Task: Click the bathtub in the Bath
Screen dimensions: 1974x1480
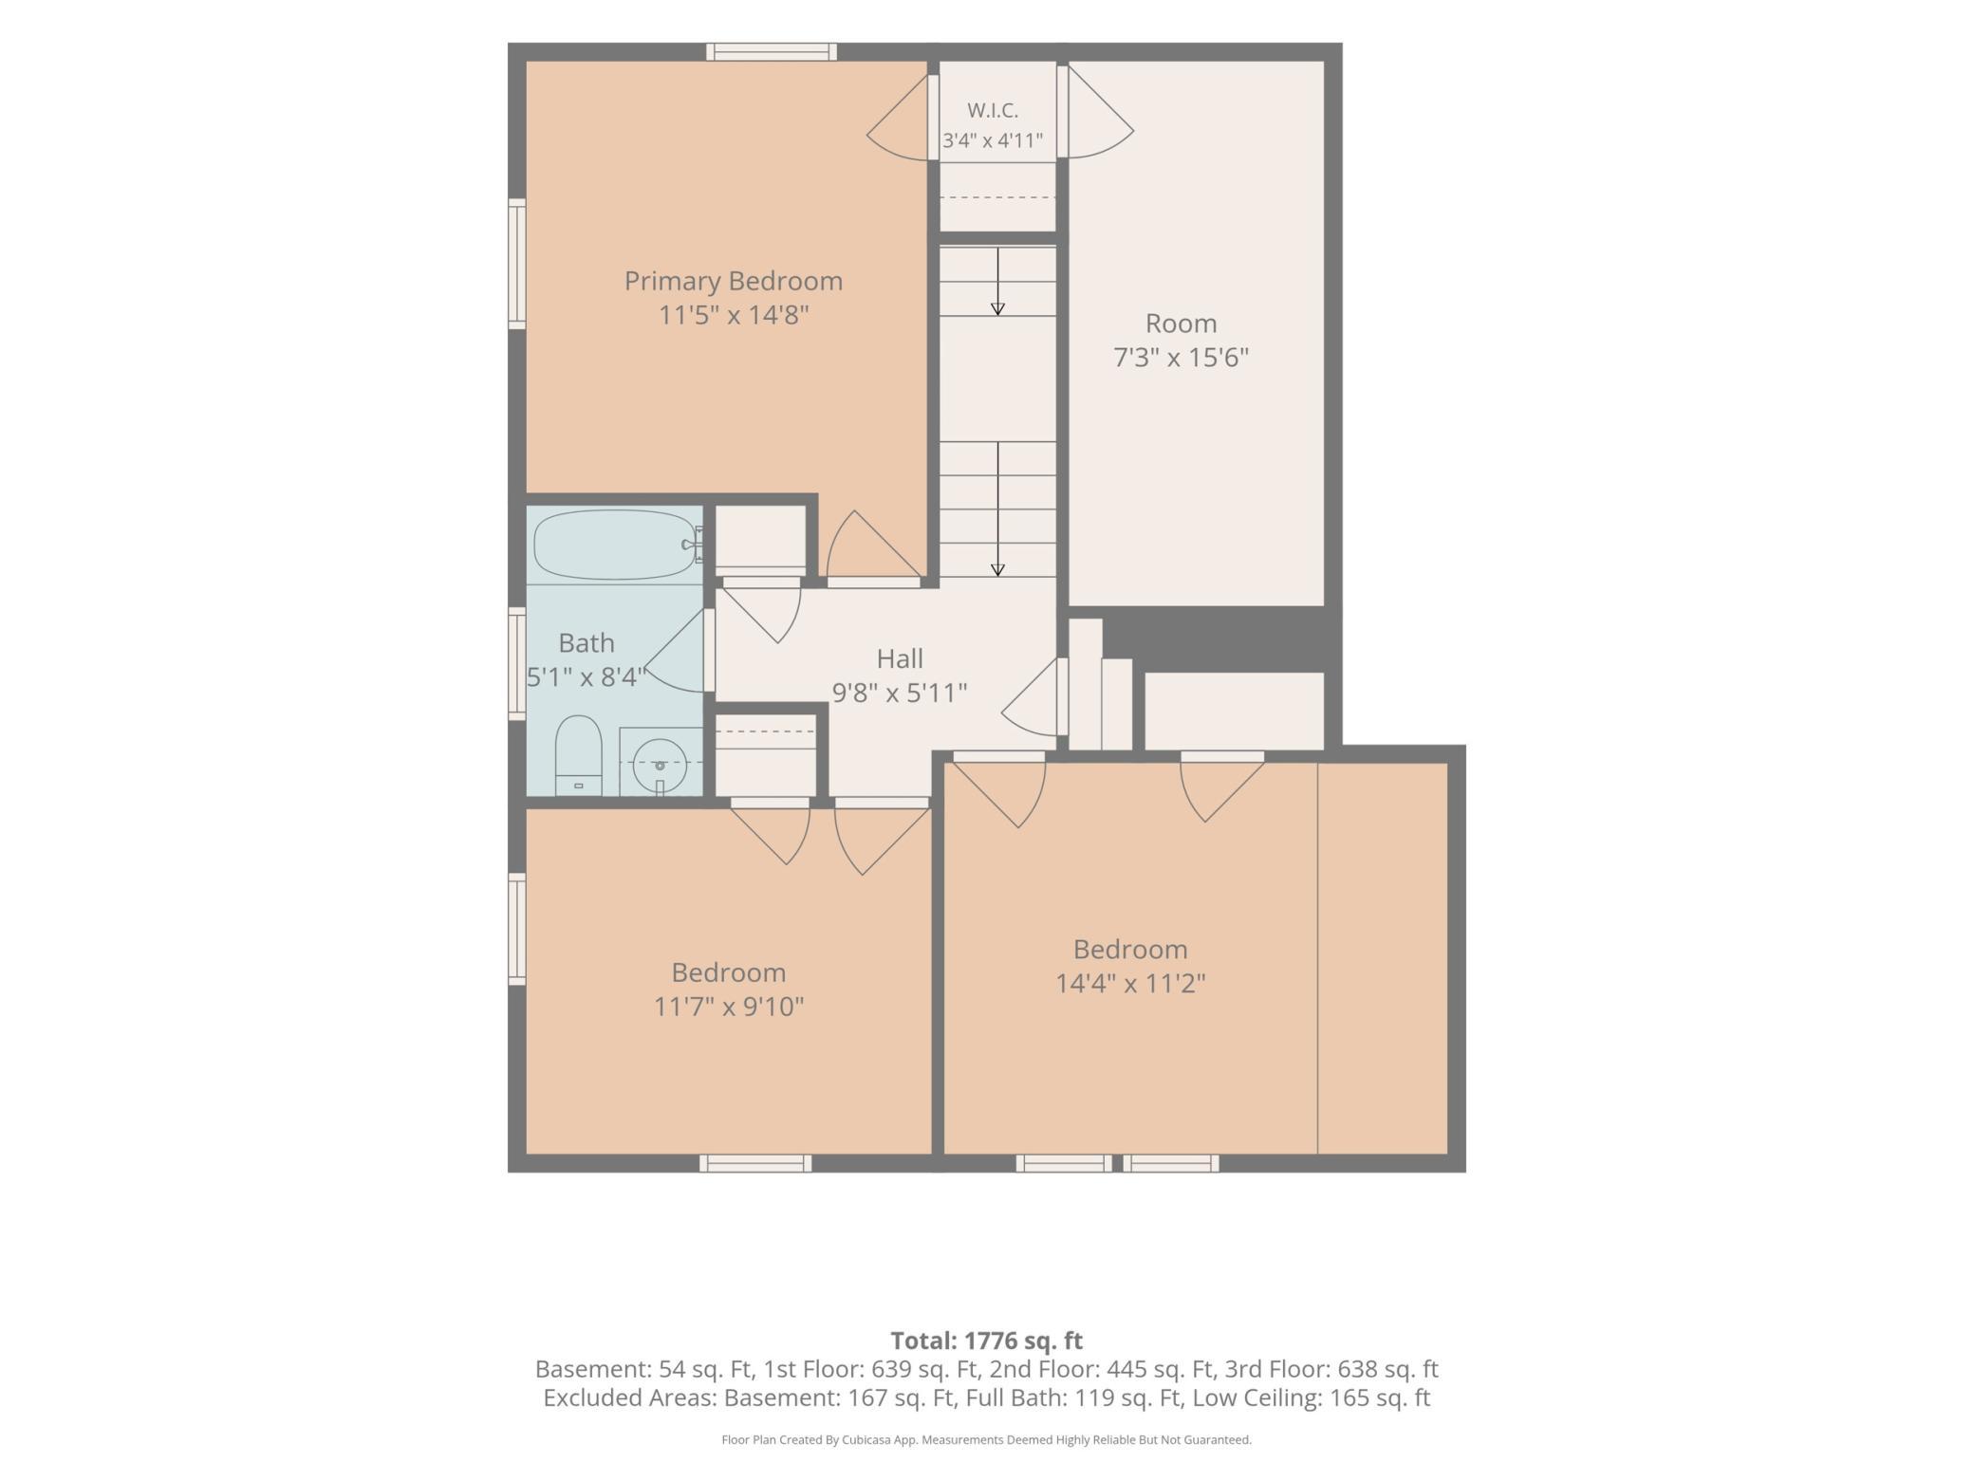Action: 615,546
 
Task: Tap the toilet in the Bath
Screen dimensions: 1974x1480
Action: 578,755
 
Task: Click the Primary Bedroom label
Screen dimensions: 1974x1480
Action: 733,281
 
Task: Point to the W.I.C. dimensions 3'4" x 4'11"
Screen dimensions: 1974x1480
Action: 993,141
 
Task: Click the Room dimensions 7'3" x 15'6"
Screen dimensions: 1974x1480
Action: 1181,358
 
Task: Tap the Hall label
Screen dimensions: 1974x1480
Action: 899,657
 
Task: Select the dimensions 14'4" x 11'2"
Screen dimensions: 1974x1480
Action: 1130,983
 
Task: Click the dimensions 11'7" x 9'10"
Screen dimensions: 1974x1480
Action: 729,1006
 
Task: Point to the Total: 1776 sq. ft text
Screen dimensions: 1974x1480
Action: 986,1341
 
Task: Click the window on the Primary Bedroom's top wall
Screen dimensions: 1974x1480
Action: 772,52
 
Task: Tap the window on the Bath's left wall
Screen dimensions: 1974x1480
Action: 517,662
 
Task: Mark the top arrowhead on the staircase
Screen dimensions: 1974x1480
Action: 997,308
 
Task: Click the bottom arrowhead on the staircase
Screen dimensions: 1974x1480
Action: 997,570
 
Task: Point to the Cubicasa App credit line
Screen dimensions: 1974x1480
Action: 986,1440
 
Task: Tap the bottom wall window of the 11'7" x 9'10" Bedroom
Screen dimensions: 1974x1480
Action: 755,1163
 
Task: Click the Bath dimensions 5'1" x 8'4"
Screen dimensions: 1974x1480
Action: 587,677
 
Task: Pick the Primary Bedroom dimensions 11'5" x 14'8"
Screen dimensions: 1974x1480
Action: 734,315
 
